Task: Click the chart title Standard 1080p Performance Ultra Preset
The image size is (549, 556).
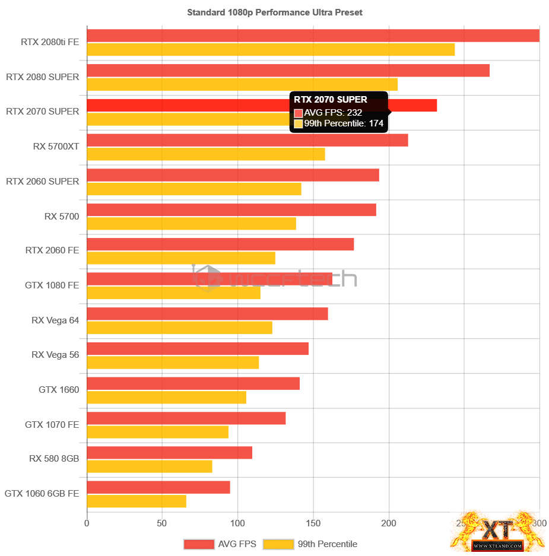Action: [275, 12]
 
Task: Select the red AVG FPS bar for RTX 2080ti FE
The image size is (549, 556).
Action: [313, 36]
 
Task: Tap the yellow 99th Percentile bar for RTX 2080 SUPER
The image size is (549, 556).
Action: [242, 84]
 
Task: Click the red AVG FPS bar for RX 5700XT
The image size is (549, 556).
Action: [247, 140]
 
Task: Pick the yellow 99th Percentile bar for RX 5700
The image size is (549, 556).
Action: [191, 224]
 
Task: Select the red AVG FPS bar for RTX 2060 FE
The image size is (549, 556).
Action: [220, 244]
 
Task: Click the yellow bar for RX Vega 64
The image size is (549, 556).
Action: [179, 328]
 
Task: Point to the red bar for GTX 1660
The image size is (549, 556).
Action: [193, 383]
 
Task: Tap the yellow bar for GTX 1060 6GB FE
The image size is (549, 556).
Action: [137, 501]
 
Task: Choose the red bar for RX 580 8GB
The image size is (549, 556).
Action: [169, 453]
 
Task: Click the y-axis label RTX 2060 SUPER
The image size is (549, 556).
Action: [42, 181]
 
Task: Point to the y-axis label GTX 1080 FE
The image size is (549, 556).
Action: [52, 285]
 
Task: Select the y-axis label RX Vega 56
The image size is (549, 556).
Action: [55, 354]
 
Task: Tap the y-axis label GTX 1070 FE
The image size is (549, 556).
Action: [52, 424]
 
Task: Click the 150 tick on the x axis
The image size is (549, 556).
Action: [313, 523]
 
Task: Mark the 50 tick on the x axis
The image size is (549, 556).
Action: [162, 523]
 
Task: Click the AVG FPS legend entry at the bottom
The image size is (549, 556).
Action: [220, 544]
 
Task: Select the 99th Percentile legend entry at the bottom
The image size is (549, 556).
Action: [310, 544]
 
